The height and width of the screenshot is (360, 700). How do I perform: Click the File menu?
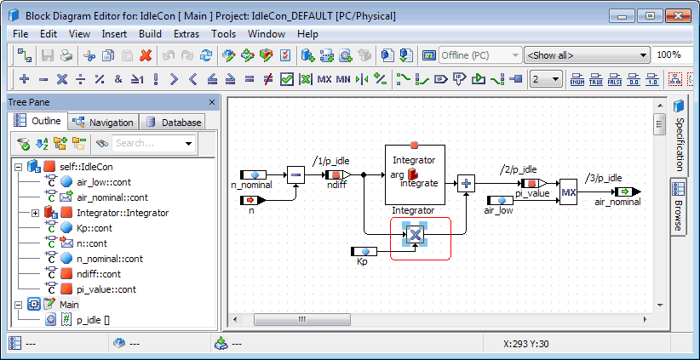pyautogui.click(x=20, y=34)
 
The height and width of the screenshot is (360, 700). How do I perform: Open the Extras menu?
pyautogui.click(x=186, y=34)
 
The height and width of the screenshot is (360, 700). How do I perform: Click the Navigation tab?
pyautogui.click(x=103, y=123)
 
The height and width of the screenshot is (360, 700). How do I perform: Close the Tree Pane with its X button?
pyautogui.click(x=212, y=102)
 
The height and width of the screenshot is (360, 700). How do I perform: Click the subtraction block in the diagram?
pyautogui.click(x=295, y=174)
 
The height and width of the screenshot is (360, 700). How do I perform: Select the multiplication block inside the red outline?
pyautogui.click(x=416, y=235)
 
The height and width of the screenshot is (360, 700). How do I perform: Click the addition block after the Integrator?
pyautogui.click(x=466, y=183)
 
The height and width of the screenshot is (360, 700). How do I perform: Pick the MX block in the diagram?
pyautogui.click(x=569, y=191)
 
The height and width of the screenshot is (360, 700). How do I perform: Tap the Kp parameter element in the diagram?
pyautogui.click(x=364, y=252)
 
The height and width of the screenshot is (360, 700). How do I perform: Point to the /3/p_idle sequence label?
pyautogui.click(x=602, y=178)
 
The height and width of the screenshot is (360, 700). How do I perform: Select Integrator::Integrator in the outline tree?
pyautogui.click(x=123, y=213)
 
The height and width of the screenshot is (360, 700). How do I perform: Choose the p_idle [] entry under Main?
pyautogui.click(x=93, y=320)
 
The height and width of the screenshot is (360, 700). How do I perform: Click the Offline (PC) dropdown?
pyautogui.click(x=480, y=55)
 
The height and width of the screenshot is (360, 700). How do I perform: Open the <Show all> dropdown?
pyautogui.click(x=587, y=55)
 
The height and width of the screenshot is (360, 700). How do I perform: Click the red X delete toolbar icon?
pyautogui.click(x=146, y=55)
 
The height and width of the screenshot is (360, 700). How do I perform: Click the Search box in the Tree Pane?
pyautogui.click(x=153, y=143)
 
